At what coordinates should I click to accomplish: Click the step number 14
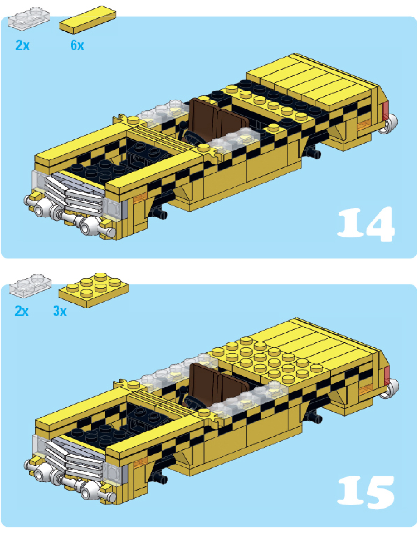point(366,224)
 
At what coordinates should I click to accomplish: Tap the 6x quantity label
point(77,45)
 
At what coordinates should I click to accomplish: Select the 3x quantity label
point(60,311)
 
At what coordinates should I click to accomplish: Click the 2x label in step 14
point(23,45)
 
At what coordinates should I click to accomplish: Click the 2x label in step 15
point(22,311)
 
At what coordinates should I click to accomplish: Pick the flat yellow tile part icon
point(88,20)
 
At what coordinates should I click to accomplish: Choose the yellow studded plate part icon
point(93,290)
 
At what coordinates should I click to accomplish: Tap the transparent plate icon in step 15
point(30,286)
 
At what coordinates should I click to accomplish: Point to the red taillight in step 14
point(385,111)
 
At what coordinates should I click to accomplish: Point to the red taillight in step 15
point(387,375)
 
